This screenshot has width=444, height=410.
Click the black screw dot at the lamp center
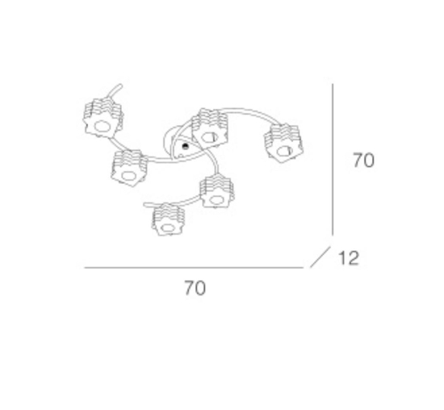point(185,146)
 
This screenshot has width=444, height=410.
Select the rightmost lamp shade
point(283,144)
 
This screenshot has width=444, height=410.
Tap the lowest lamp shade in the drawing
point(168,220)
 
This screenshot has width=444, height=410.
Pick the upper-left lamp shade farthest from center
point(103,119)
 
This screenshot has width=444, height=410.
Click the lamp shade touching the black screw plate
point(210,129)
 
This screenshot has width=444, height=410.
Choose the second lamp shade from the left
point(129,168)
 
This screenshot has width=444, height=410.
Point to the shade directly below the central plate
point(217,192)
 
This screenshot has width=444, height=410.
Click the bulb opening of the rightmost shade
point(285,151)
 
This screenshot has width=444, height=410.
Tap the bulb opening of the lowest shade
point(168,228)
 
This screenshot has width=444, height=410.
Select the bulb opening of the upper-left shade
point(102,127)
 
